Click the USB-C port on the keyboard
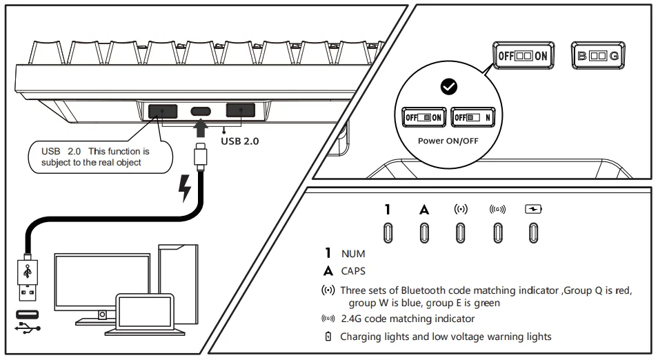(x=201, y=111)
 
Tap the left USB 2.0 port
(x=163, y=111)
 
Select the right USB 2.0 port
(x=241, y=110)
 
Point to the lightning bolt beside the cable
(x=184, y=188)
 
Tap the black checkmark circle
(x=449, y=87)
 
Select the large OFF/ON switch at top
(x=523, y=56)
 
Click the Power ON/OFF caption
(x=449, y=140)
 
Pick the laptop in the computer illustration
(x=144, y=314)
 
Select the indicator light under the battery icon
(x=533, y=233)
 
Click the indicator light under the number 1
(x=388, y=233)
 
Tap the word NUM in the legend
(x=353, y=254)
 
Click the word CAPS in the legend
(x=353, y=271)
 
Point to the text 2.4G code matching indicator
(x=407, y=319)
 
